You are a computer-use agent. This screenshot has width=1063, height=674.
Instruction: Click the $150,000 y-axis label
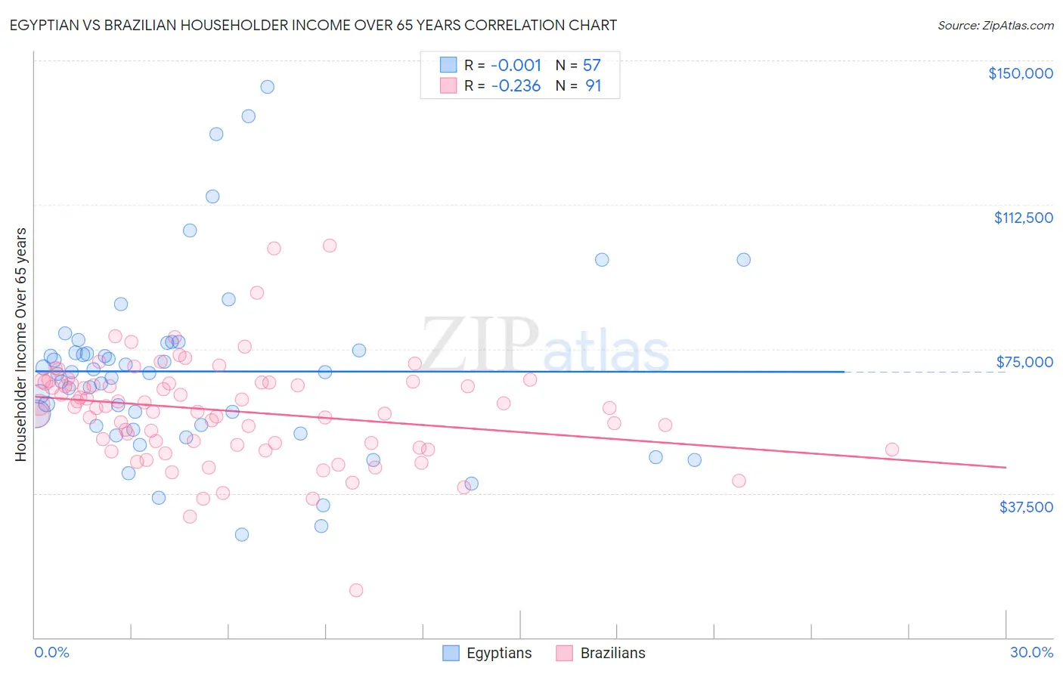point(1020,73)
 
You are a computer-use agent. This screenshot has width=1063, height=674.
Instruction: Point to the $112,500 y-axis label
point(1023,218)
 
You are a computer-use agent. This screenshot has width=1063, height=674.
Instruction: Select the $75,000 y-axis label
point(1024,362)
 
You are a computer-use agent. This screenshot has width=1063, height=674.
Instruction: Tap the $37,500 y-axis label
point(1026,507)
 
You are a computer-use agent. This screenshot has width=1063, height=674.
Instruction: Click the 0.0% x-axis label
point(51,652)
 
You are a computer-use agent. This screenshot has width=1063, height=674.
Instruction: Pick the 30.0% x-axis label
point(1031,652)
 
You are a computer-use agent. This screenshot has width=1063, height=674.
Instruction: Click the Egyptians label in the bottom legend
point(499,653)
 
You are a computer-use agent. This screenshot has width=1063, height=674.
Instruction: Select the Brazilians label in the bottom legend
point(612,653)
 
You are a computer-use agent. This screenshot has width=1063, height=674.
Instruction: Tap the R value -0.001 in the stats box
point(516,65)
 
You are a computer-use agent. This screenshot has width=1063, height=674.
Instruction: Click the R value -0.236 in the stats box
point(516,86)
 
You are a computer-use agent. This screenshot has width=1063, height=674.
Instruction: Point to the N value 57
point(591,65)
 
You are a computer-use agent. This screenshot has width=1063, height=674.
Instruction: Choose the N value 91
point(593,86)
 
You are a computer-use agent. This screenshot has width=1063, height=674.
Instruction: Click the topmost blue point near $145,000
point(267,87)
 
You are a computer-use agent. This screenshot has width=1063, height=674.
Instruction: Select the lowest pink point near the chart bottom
point(356,590)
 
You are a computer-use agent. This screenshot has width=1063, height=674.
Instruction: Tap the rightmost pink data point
point(892,450)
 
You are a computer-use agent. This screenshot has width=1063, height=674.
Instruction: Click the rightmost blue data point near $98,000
point(744,260)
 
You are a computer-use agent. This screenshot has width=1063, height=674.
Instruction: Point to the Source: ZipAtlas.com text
point(995,26)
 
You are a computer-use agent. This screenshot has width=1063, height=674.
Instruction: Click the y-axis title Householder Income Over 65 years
point(21,344)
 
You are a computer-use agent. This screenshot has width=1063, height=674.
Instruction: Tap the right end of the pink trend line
point(1006,468)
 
